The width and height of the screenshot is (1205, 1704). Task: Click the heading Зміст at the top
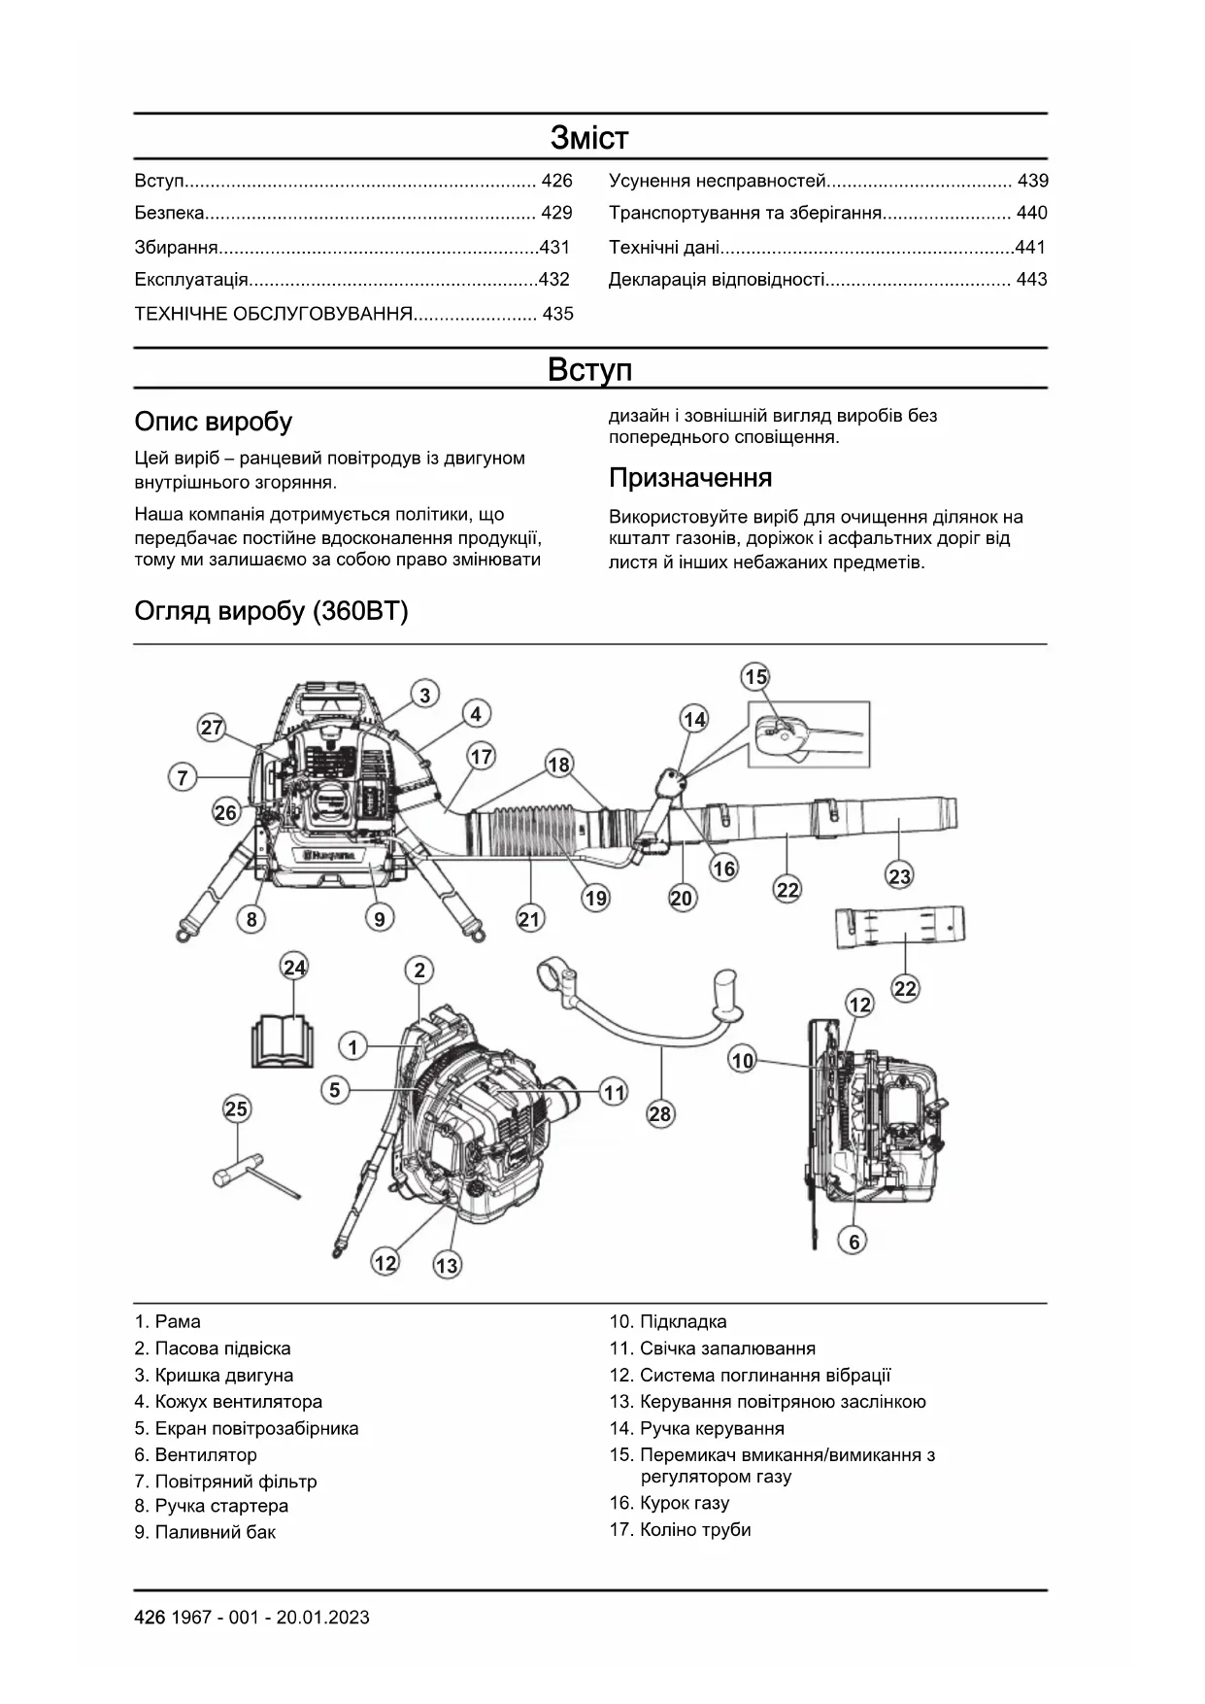[x=589, y=137]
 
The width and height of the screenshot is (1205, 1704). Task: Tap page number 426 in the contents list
[x=556, y=181]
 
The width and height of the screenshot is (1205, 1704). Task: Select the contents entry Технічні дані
[x=664, y=248]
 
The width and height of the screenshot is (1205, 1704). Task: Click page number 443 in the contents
[x=1031, y=280]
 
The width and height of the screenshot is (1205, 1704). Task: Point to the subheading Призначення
[x=690, y=478]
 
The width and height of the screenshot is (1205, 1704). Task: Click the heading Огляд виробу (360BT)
[x=271, y=611]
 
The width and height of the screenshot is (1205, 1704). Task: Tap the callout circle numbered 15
[x=755, y=676]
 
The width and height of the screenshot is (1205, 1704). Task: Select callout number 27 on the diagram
[x=212, y=728]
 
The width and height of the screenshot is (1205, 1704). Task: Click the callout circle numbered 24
[x=294, y=967]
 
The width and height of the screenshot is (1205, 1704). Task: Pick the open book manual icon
[x=282, y=1041]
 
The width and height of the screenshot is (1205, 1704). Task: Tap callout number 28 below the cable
[x=660, y=1113]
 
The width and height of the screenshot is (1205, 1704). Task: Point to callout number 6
[x=854, y=1241]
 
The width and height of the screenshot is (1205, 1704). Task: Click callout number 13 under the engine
[x=447, y=1265]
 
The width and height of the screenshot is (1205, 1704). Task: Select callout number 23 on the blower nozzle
[x=900, y=876]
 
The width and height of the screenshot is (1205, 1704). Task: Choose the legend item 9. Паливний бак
[x=205, y=1532]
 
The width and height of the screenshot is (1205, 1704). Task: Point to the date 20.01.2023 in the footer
[x=322, y=1618]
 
